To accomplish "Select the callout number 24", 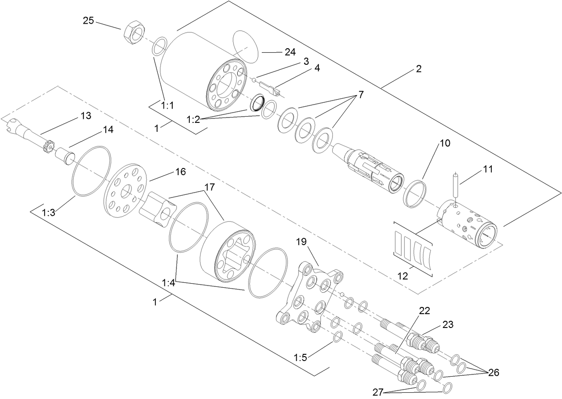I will pyautogui.click(x=290, y=52).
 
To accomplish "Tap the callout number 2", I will pyautogui.click(x=418, y=69).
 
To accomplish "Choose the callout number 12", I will pyautogui.click(x=403, y=276).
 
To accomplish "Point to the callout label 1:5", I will pyautogui.click(x=301, y=357).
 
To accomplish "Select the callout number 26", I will pyautogui.click(x=493, y=372).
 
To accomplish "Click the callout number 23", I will pyautogui.click(x=447, y=325).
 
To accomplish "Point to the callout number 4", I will pyautogui.click(x=317, y=68).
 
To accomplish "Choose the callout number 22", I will pyautogui.click(x=424, y=311).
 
